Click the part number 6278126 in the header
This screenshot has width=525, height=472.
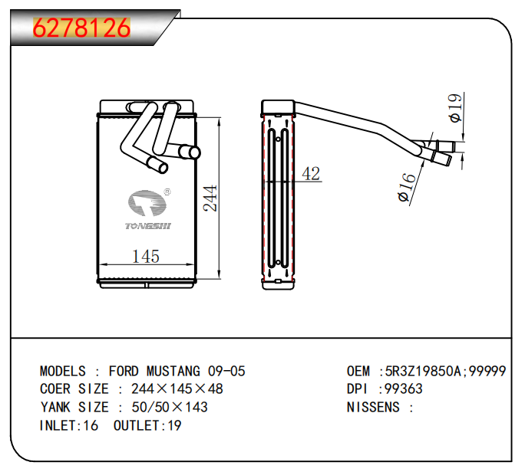point(81,28)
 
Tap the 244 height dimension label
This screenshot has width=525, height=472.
point(210,198)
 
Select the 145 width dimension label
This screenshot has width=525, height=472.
point(146,257)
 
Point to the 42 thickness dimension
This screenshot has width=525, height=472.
point(311,174)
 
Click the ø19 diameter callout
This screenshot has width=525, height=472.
point(454,108)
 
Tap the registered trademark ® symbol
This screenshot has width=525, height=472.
point(167,193)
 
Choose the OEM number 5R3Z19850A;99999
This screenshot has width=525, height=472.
point(444,372)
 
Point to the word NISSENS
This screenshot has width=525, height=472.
point(373,407)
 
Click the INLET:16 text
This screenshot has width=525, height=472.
point(69,425)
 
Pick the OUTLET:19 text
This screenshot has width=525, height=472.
point(147,425)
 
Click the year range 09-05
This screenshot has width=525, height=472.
point(224,372)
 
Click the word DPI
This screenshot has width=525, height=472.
point(359,389)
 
